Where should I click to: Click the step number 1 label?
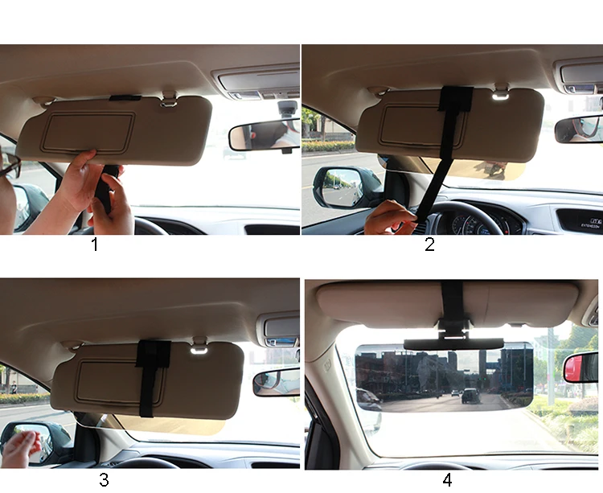[95, 244]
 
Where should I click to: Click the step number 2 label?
[429, 244]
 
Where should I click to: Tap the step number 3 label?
[103, 481]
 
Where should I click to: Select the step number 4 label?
[447, 480]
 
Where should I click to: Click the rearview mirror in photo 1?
[263, 135]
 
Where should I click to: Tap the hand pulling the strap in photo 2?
[391, 217]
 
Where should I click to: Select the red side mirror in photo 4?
[581, 367]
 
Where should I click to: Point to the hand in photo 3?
[23, 447]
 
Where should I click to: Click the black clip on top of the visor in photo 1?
[125, 98]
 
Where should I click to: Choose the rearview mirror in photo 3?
[276, 381]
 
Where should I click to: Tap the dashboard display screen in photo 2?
[579, 220]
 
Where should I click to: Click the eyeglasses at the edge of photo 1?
[9, 166]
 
